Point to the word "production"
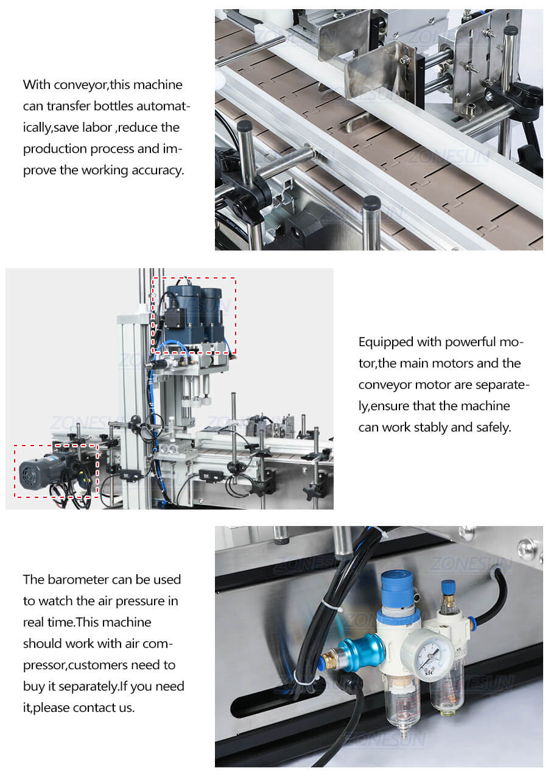click(54, 149)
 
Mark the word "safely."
click(490, 427)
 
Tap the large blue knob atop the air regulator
click(397, 586)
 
